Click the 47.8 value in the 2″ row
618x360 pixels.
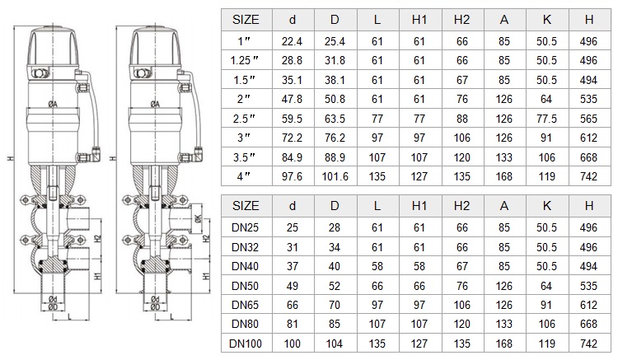click(292, 99)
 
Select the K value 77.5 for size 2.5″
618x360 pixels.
click(546, 119)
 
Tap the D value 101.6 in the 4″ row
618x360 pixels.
click(335, 176)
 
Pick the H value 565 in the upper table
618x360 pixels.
click(588, 119)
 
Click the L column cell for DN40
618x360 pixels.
click(377, 267)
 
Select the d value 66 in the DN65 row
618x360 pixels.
click(292, 305)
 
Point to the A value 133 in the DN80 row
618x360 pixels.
click(504, 324)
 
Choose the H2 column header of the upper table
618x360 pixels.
click(461, 20)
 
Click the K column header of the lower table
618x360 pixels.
click(546, 206)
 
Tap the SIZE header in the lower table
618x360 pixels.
click(246, 206)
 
